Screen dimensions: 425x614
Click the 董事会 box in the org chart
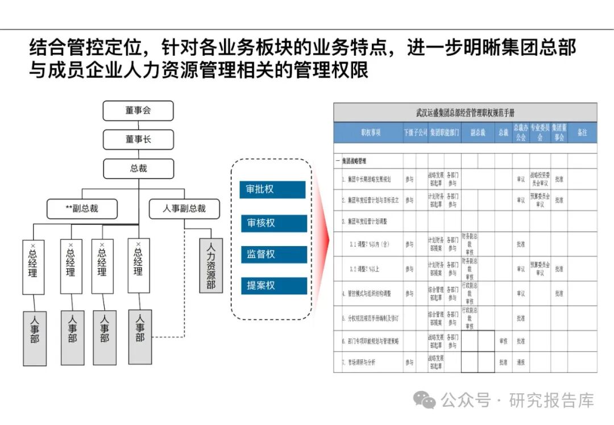coord(138,111)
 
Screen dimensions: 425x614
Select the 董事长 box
coord(138,139)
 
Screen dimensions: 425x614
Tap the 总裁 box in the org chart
coord(138,168)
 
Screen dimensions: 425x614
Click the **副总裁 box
coord(82,209)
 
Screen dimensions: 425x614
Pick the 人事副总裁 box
coord(184,209)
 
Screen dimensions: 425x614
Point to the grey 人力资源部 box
coord(210,265)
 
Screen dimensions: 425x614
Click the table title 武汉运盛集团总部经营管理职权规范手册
coord(465,113)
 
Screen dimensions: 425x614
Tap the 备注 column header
coord(582,133)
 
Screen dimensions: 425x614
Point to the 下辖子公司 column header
coord(415,133)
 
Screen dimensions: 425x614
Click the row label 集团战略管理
coord(355,161)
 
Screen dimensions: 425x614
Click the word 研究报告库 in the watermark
coord(551,400)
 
